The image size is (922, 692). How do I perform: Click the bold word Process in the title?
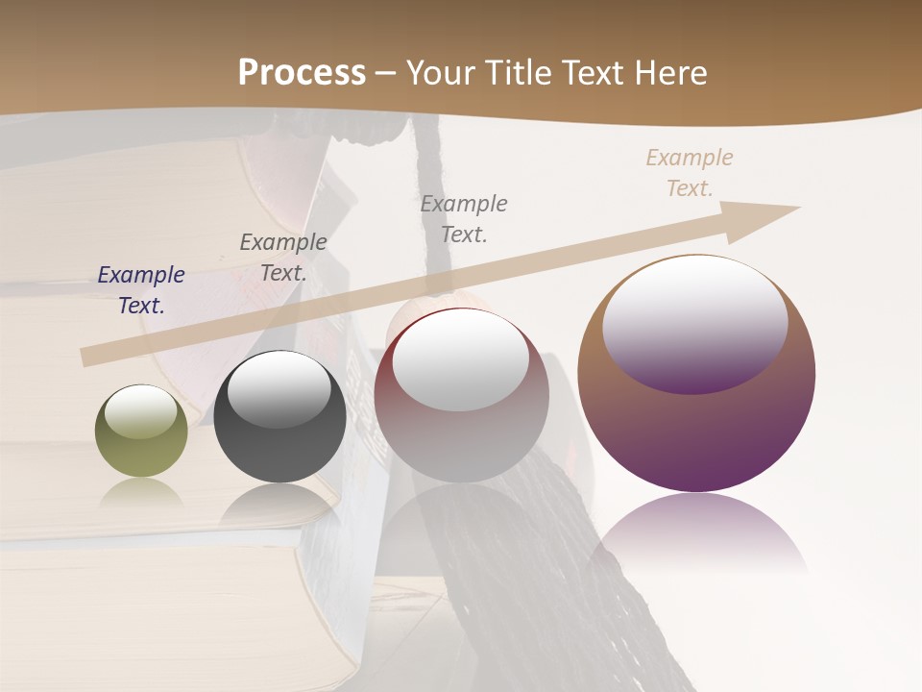[x=302, y=73]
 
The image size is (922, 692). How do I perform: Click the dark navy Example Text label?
[x=141, y=290]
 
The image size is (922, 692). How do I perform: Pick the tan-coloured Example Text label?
[x=690, y=173]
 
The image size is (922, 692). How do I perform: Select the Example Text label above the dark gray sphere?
[x=283, y=258]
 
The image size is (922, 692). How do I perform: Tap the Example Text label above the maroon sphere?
[x=464, y=219]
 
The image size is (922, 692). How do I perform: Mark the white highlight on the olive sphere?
[x=141, y=412]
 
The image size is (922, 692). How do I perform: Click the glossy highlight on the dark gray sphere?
[x=279, y=387]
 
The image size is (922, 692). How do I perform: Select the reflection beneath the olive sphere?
[x=141, y=493]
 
